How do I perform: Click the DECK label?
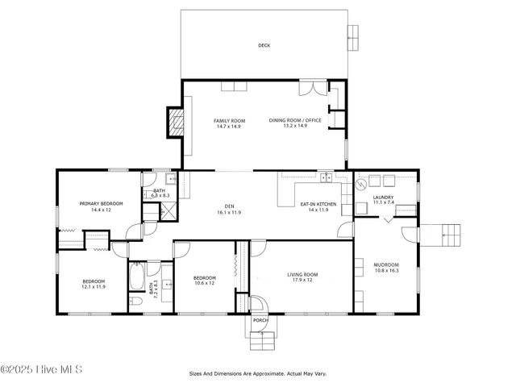pos(264,46)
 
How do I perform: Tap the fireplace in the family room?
pos(176,121)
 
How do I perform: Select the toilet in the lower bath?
pos(136,302)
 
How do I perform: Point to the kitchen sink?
pos(326,177)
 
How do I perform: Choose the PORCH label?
pos(260,320)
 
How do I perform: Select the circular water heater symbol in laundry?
pos(362,185)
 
